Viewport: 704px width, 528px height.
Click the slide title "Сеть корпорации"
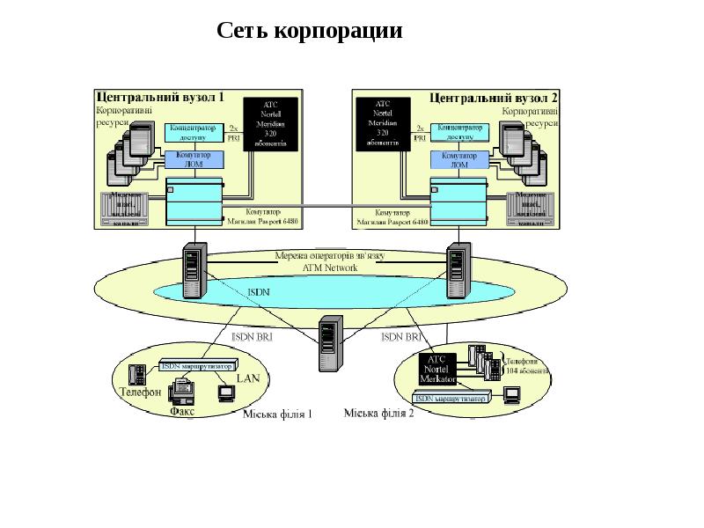310,32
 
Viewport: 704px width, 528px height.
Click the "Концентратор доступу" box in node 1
194,133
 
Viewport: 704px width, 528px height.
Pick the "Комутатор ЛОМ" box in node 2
458,159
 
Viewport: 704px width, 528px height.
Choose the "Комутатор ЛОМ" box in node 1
194,159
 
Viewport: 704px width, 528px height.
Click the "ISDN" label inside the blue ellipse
259,291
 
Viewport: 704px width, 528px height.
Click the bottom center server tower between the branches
327,344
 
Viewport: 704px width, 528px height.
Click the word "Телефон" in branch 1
140,392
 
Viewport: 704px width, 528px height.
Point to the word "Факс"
182,409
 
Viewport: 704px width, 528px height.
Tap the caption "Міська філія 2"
378,414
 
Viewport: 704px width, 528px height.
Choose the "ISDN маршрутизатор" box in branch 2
451,399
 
